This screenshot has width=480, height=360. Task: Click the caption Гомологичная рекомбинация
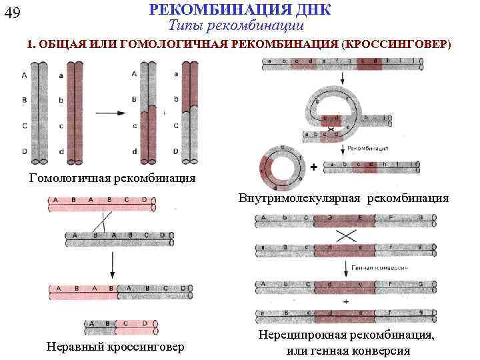113,178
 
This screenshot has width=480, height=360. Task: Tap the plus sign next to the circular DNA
313,167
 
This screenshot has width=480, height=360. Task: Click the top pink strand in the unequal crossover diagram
100,200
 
